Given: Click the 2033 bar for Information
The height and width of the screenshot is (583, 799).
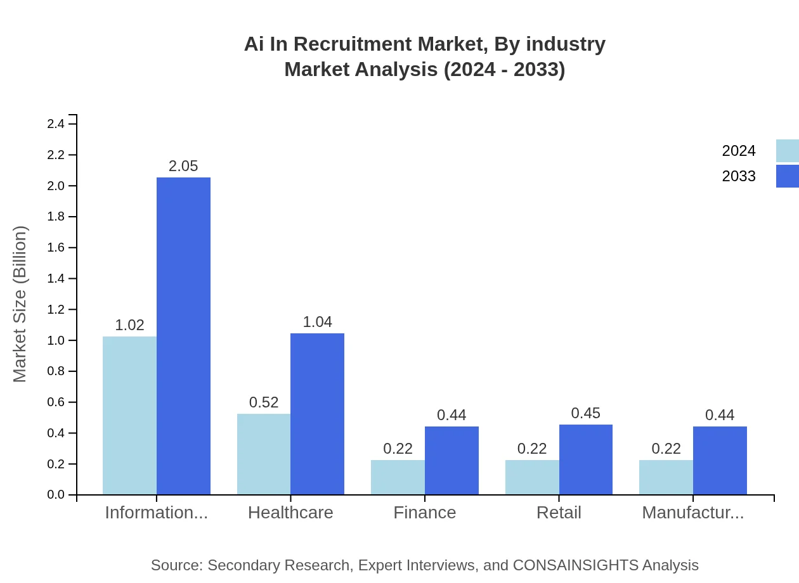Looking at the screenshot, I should [183, 336].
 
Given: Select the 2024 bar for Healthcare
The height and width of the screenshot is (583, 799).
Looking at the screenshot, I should [264, 454].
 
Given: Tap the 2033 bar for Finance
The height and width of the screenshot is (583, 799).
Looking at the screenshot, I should [451, 460].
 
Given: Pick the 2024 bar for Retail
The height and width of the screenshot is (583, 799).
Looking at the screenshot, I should [532, 477].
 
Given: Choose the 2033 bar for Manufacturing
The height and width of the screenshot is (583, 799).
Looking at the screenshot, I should [720, 460].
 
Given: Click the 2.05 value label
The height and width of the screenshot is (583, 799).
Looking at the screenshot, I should [183, 166].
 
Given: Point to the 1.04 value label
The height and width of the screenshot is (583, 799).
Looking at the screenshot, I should [317, 322].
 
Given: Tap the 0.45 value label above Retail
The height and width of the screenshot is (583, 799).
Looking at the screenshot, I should [585, 413].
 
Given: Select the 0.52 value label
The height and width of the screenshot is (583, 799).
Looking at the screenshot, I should [264, 402].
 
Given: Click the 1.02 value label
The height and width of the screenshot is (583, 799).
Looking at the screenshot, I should [129, 325].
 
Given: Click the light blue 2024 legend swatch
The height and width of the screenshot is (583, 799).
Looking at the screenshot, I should [787, 151].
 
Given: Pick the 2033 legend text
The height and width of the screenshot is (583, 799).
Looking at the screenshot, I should [739, 176].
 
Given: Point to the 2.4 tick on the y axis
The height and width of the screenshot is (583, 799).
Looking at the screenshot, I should [56, 124].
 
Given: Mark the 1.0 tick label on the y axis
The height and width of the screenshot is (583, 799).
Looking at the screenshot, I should [56, 341].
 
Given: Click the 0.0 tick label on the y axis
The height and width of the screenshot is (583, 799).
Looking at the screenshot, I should [56, 495].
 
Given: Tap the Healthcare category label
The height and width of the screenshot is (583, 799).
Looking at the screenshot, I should [290, 513].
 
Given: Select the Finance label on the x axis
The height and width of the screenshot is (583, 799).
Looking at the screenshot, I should [424, 513].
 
